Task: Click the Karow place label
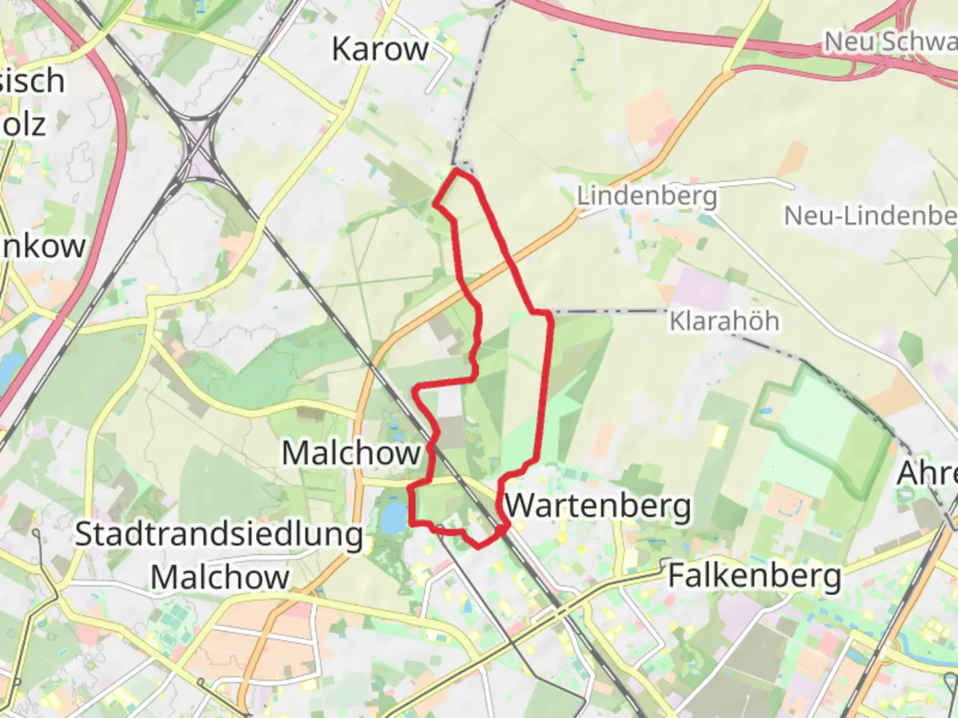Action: [380, 49]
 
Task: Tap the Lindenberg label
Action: [647, 196]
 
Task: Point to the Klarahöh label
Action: [724, 321]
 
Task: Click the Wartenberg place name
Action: [598, 506]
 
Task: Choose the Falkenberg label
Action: [754, 576]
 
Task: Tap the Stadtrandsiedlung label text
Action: [219, 535]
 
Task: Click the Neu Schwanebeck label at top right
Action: [890, 41]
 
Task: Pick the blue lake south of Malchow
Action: [393, 517]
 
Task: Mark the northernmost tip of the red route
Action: [458, 171]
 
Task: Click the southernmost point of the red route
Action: [479, 546]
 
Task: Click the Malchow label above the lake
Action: [351, 453]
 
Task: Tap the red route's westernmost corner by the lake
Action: [410, 489]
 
